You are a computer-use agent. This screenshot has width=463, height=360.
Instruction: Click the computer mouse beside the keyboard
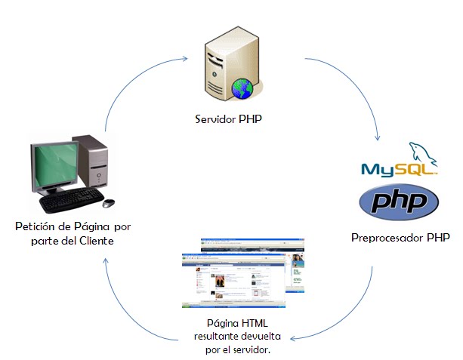pos(109,203)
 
